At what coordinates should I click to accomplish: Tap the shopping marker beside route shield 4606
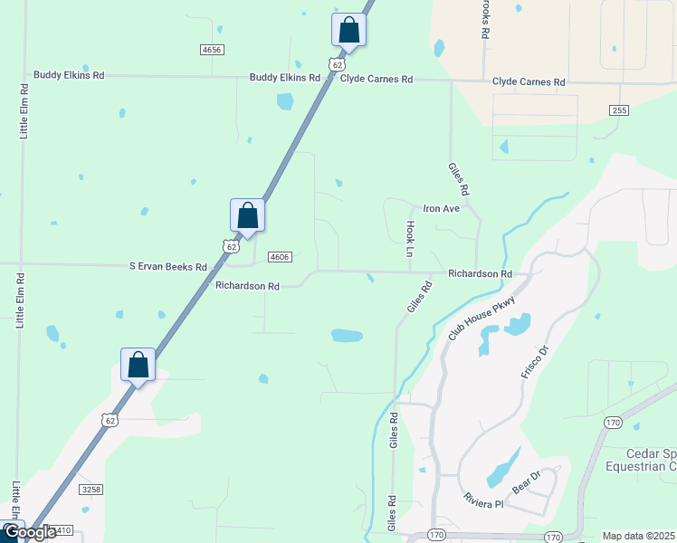click(247, 215)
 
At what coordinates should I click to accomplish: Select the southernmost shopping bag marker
click(138, 365)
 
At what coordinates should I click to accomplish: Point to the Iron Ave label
click(442, 208)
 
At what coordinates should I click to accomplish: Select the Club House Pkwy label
click(482, 319)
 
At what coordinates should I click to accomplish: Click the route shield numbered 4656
click(212, 50)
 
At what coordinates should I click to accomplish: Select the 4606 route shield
click(280, 257)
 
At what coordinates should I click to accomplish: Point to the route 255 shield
click(619, 110)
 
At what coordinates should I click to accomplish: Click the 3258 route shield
click(91, 490)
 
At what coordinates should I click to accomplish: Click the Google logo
click(29, 533)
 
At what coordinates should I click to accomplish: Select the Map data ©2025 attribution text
click(638, 536)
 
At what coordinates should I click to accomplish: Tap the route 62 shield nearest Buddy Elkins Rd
click(337, 65)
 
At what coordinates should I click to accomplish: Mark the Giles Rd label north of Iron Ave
click(459, 179)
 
